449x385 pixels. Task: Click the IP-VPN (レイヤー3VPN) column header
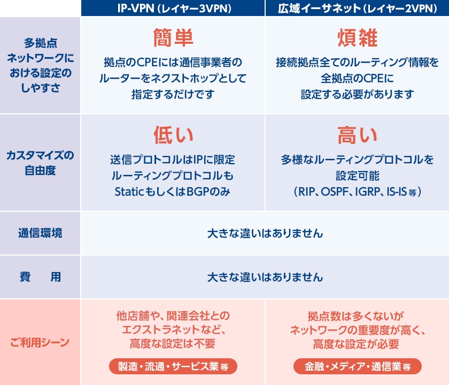[x=174, y=9]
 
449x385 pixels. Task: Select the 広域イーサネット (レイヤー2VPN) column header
[x=358, y=9]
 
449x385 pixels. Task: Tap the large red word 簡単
[x=173, y=37]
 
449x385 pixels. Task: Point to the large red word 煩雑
[x=358, y=37]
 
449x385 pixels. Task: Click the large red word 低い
[x=173, y=135]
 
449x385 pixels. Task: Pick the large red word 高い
[x=358, y=135]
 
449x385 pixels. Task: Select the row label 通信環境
[x=40, y=233]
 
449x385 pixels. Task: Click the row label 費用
[x=40, y=277]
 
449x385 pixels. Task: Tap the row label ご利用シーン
[x=40, y=342]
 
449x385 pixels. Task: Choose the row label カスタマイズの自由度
[x=40, y=163]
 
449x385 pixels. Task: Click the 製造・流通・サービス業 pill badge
[x=173, y=366]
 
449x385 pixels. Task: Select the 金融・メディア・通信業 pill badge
[x=358, y=366]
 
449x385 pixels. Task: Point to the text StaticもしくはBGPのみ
[x=173, y=191]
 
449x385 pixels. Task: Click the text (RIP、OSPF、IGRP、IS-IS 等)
[x=358, y=191]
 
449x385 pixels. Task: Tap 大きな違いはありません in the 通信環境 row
[x=265, y=233]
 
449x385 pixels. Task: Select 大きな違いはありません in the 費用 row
[x=265, y=277]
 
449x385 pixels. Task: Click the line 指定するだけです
[x=173, y=94]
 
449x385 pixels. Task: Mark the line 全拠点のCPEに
[x=358, y=78]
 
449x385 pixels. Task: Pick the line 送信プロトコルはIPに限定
[x=173, y=159]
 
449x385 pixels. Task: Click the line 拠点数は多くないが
[x=355, y=316]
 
